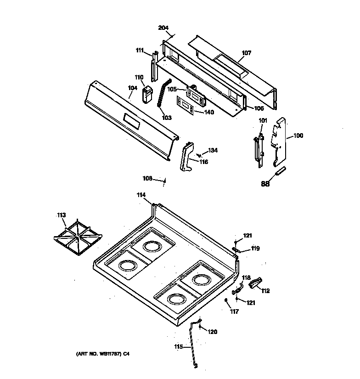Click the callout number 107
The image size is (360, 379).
247,53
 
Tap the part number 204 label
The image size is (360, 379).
163,28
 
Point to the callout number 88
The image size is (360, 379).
265,184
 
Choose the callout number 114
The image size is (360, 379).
141,195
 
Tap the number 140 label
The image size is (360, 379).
208,112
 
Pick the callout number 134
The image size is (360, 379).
213,150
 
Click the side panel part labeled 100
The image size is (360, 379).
279,140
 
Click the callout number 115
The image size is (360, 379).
178,346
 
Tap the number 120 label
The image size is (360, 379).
213,332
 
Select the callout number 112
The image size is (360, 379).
265,291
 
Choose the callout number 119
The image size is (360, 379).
255,249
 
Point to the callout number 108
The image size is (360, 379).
147,178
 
